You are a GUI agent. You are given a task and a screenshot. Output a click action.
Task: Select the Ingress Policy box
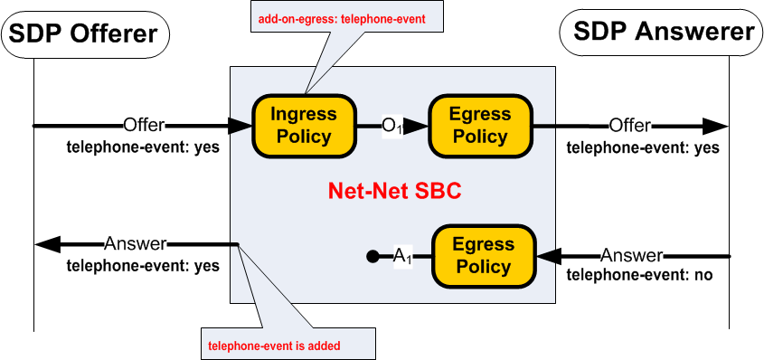click(x=304, y=126)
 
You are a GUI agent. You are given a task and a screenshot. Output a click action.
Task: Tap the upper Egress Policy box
click(x=480, y=126)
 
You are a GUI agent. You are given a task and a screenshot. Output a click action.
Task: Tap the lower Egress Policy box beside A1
click(x=484, y=256)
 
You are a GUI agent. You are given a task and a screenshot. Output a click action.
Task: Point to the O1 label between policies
click(x=391, y=127)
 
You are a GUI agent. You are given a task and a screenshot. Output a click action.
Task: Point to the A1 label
click(x=402, y=257)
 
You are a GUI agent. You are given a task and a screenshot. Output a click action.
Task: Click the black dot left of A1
click(x=372, y=257)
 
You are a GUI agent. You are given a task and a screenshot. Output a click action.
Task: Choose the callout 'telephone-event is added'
click(x=286, y=345)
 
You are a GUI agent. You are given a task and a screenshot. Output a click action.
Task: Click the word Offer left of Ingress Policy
click(x=144, y=125)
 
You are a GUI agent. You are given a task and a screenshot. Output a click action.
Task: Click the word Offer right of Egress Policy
click(x=630, y=125)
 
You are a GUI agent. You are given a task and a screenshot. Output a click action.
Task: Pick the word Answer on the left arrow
click(x=136, y=243)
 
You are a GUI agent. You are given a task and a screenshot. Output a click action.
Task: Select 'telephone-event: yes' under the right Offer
click(x=643, y=147)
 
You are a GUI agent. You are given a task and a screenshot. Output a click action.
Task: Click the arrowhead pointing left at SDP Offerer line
click(x=47, y=244)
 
